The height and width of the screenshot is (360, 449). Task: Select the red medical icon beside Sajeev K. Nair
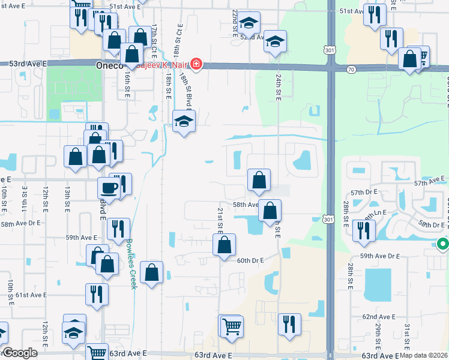pos(196,64)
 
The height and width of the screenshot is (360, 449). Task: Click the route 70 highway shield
pos(351,70)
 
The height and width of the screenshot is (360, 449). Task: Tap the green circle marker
pos(442,244)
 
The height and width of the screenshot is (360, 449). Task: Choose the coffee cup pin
pos(108,187)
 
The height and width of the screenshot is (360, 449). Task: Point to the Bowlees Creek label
pos(131,265)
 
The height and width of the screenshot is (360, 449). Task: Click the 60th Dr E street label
pos(250,260)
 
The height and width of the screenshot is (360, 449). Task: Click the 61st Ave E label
pos(31,295)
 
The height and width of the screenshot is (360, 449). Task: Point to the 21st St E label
pos(220,220)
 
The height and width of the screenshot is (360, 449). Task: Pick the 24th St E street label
pos(279,88)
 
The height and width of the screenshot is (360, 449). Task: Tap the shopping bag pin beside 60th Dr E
pos(224,245)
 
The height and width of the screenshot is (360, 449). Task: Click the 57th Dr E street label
pos(364,191)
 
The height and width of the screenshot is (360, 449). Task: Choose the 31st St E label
pos(407,335)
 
